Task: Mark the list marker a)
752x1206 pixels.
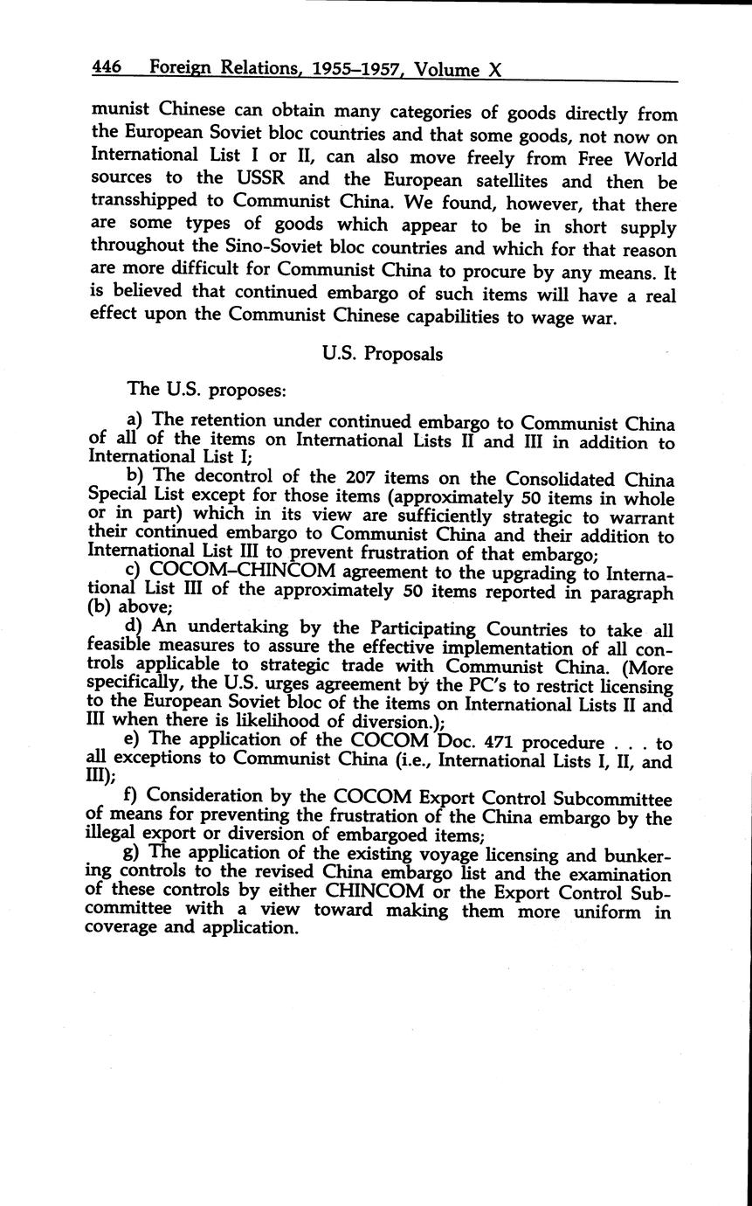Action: coord(135,421)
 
